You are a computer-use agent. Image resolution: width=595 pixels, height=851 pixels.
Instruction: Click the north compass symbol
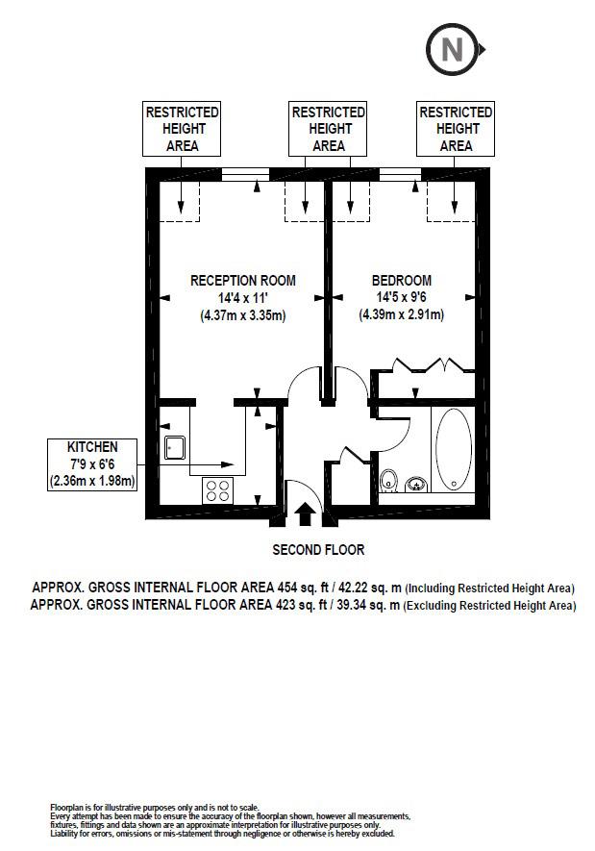(x=455, y=50)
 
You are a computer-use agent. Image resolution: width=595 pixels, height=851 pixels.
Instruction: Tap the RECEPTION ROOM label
(x=243, y=281)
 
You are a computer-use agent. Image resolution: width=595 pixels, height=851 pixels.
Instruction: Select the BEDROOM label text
(x=402, y=281)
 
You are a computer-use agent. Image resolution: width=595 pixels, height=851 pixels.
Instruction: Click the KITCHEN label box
(x=92, y=464)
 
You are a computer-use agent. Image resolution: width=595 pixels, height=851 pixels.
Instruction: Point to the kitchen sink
(x=175, y=448)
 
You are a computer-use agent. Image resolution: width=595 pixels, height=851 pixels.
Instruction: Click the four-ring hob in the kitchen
(x=217, y=490)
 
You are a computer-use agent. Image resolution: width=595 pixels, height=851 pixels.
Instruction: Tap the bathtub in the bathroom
(x=454, y=449)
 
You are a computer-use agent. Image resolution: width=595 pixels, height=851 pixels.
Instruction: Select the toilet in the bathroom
(x=388, y=480)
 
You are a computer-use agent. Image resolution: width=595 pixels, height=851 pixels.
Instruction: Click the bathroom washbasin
(x=416, y=483)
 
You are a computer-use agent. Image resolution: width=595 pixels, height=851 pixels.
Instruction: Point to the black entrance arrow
(x=306, y=513)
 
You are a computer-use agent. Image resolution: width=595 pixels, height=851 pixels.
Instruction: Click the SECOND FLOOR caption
(x=318, y=550)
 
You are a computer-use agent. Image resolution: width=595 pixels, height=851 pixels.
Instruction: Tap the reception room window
(x=246, y=174)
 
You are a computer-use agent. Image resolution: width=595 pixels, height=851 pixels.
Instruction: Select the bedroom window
(x=400, y=174)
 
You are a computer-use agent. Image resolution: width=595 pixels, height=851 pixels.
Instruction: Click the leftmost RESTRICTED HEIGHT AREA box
(x=182, y=129)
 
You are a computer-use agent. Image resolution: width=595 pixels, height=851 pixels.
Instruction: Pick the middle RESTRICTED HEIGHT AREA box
(x=328, y=129)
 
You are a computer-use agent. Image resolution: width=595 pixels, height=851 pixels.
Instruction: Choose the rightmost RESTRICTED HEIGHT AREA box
(x=456, y=129)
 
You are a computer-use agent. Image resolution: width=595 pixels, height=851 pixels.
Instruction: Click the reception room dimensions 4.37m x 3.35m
(x=243, y=315)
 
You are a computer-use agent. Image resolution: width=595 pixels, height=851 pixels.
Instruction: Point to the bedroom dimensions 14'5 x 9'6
(x=402, y=297)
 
